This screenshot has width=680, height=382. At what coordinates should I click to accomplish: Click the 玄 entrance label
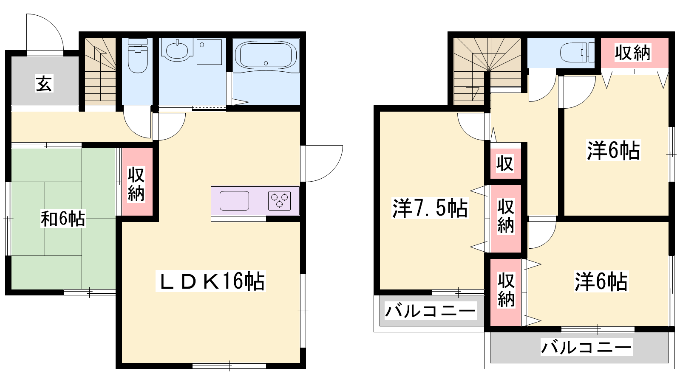coord(44,84)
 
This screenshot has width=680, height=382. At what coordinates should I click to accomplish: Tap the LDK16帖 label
coord(211,281)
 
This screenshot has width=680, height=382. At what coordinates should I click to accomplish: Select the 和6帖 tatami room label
coord(63,218)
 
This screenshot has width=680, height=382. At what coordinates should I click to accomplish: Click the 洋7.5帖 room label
coord(430,208)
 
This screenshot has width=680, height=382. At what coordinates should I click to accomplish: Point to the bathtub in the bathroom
coord(266,55)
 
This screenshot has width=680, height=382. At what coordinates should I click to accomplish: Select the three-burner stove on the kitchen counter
coord(279,200)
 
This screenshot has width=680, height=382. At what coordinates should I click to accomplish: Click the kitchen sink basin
coord(234,201)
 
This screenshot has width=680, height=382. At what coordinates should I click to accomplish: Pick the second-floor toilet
coord(577,53)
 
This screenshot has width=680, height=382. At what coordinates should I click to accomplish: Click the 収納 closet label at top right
coord(633,53)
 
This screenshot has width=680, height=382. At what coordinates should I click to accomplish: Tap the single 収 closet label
coord(505,163)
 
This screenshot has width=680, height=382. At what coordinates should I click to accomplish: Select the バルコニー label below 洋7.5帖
coord(430,311)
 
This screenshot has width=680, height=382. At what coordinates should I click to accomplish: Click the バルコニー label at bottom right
coord(586,347)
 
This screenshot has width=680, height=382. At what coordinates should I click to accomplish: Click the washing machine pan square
coord(209,52)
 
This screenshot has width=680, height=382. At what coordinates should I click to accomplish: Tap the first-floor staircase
coord(100,72)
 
